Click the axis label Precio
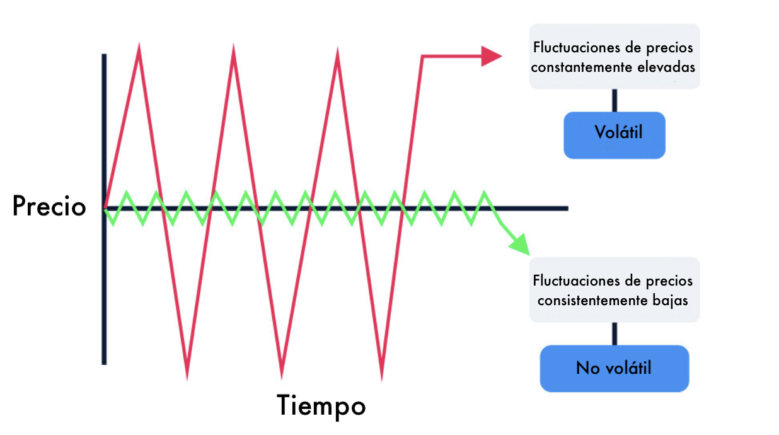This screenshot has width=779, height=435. point(49,206)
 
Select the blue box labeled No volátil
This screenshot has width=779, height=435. point(615,368)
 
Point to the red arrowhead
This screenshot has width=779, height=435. point(491,56)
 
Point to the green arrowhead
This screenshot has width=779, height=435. point(520,243)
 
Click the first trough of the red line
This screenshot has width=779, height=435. point(187,376)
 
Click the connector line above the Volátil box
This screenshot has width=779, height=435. point(615,100)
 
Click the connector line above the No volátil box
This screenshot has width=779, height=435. point(615,333)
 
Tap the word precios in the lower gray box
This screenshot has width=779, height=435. point(671,281)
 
